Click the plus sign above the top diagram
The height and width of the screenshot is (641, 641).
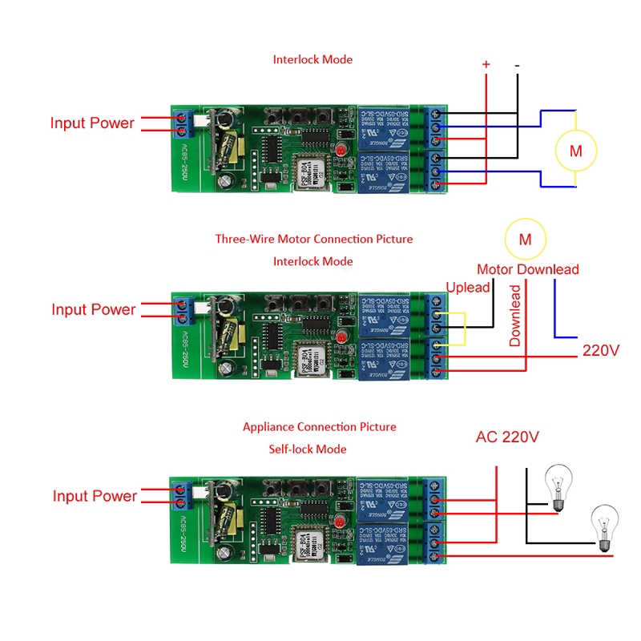pyautogui.click(x=486, y=63)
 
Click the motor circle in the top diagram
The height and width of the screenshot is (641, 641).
pyautogui.click(x=575, y=150)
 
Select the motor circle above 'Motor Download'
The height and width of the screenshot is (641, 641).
pyautogui.click(x=525, y=239)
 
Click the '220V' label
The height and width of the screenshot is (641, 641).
pyautogui.click(x=601, y=350)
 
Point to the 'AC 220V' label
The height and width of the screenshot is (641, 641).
pyautogui.click(x=507, y=437)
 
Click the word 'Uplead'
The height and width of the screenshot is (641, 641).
pyautogui.click(x=467, y=287)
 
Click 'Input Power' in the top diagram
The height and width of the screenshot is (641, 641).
pyautogui.click(x=92, y=123)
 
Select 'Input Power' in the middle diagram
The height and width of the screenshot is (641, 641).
pyautogui.click(x=94, y=309)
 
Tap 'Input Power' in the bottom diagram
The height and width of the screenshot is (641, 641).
pyautogui.click(x=95, y=496)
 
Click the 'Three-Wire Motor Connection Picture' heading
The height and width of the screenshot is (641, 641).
pyautogui.click(x=314, y=239)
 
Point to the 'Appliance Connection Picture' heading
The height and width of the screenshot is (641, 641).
pyautogui.click(x=319, y=427)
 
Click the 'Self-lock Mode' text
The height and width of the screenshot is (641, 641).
pyautogui.click(x=308, y=449)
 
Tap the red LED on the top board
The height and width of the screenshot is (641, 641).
pyautogui.click(x=341, y=150)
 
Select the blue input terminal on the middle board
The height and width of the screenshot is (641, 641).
pyautogui.click(x=183, y=308)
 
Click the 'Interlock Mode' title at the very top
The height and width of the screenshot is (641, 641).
pyautogui.click(x=312, y=59)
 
